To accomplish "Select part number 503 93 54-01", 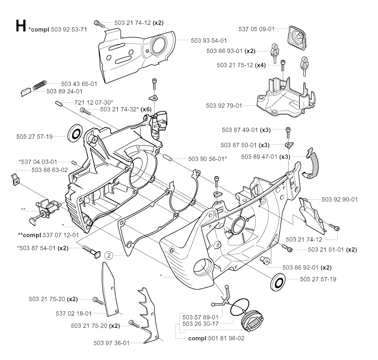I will pyautogui.click(x=209, y=40).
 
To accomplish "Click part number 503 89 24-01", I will pyautogui.click(x=64, y=91).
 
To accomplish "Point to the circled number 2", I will pyautogui.click(x=109, y=255).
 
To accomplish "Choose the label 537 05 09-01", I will pyautogui.click(x=257, y=28).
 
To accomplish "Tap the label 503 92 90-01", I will pyautogui.click(x=340, y=199).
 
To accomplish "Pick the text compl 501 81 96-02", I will pyautogui.click(x=216, y=338).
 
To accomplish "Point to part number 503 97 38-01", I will pyautogui.click(x=111, y=343).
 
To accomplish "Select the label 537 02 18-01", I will pyautogui.click(x=74, y=313).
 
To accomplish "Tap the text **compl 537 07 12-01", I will pyautogui.click(x=48, y=235).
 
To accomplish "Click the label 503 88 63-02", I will pyautogui.click(x=50, y=170).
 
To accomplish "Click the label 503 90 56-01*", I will pyautogui.click(x=207, y=159).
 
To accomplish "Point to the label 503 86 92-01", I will pyautogui.click(x=301, y=267).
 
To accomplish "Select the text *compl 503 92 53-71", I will pyautogui.click(x=57, y=30).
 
